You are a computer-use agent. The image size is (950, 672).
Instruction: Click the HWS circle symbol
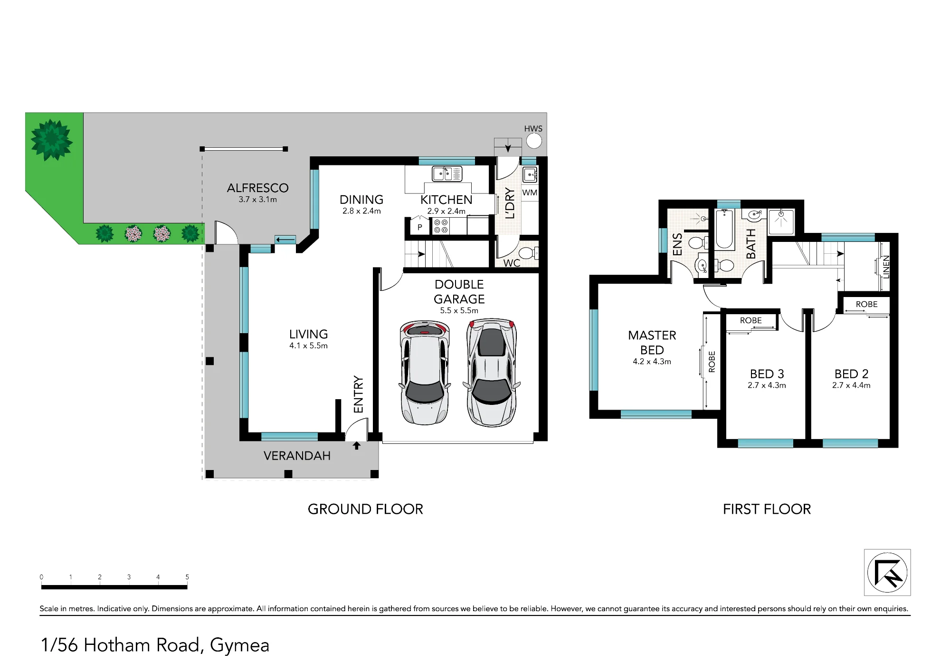click(x=534, y=141)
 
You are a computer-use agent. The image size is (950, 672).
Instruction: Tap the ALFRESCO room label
click(x=258, y=188)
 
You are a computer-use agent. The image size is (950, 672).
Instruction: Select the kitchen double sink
click(x=447, y=174)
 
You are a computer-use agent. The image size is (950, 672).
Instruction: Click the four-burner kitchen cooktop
click(x=441, y=226)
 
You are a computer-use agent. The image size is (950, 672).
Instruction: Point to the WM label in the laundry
click(x=530, y=192)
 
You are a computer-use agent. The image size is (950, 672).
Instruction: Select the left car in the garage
click(x=425, y=372)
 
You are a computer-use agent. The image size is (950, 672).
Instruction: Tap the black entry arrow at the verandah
click(x=356, y=446)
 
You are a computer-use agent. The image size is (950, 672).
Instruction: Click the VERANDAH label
click(x=297, y=456)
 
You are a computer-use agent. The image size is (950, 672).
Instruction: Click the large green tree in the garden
click(x=51, y=140)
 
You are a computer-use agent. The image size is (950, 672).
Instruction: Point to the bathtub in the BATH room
click(x=724, y=230)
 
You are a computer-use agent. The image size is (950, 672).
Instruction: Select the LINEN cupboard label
click(x=886, y=267)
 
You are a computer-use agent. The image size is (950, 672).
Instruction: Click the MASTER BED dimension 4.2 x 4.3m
click(x=652, y=362)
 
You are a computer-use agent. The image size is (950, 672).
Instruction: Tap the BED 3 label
click(x=767, y=374)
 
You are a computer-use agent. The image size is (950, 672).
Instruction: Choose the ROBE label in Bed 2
click(x=866, y=304)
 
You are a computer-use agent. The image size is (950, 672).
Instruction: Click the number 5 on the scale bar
click(x=187, y=577)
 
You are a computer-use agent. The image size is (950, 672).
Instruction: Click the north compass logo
click(x=887, y=572)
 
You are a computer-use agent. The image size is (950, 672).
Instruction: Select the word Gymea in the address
click(x=239, y=646)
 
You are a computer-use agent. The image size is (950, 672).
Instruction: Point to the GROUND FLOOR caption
click(x=365, y=509)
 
